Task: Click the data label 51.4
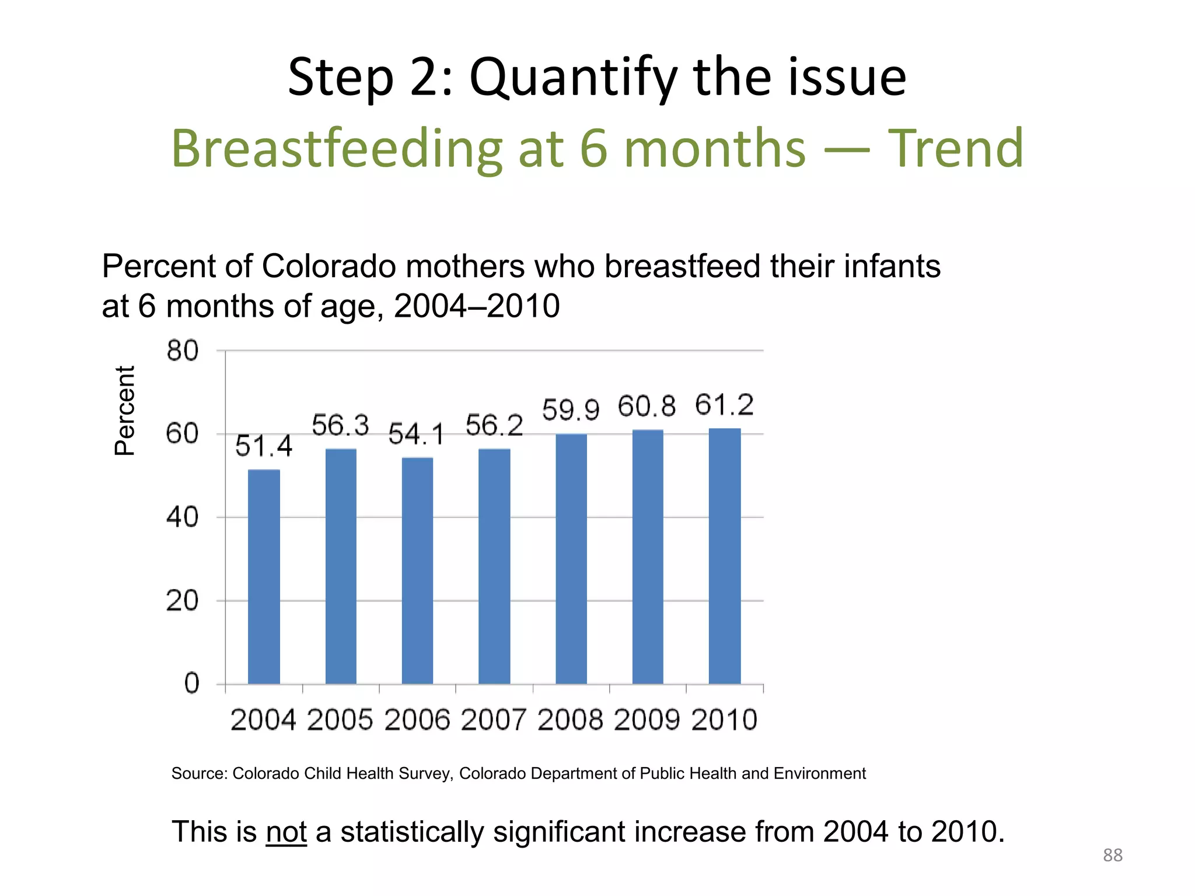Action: [x=264, y=446]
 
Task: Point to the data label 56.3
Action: [x=340, y=425]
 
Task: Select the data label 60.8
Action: [x=647, y=407]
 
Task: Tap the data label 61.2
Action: [x=724, y=405]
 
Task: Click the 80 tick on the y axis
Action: [x=183, y=351]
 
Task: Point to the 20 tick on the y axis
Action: [x=183, y=601]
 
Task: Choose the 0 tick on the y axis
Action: [x=192, y=683]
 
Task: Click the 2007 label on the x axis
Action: [x=494, y=720]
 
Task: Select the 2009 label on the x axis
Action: [x=647, y=720]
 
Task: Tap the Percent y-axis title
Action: [x=125, y=411]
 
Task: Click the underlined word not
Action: [x=286, y=831]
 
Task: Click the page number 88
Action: [x=1112, y=855]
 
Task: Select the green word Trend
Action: [x=955, y=149]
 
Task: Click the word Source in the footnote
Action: [x=198, y=773]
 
